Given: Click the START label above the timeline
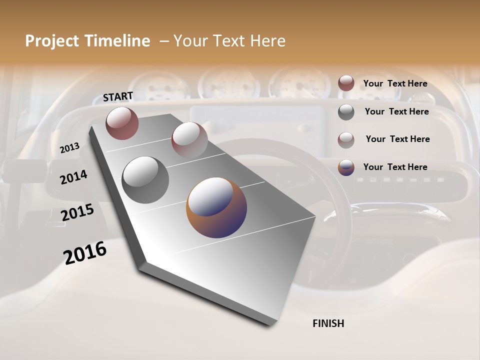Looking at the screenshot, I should pos(118,96).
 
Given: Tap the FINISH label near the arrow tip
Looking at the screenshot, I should pos(328,323).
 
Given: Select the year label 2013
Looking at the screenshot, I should pos(69,148).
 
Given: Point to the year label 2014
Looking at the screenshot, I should pos(73,177).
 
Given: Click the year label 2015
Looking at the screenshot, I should pos(77,212).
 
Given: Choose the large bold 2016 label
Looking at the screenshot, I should pos(85,252).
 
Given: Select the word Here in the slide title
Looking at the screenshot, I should pos(267,41).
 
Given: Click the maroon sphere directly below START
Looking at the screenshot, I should pos(122,123).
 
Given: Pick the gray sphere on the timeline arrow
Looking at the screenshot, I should pos(145,180).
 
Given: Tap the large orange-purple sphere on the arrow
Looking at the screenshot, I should pos(216,207).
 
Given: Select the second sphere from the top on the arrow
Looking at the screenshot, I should pos(189,140).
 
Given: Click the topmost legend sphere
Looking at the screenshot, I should pos(346,83).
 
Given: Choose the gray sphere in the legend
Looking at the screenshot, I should pos(346,112).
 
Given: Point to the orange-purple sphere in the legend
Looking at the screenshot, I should pos(346,167).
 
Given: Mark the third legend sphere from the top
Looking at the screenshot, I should pos(346,140).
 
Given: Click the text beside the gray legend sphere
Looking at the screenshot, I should pos(396,111).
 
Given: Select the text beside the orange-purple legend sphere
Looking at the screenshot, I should pos(395,167).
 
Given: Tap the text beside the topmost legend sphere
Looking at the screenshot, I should pos(395,83).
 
